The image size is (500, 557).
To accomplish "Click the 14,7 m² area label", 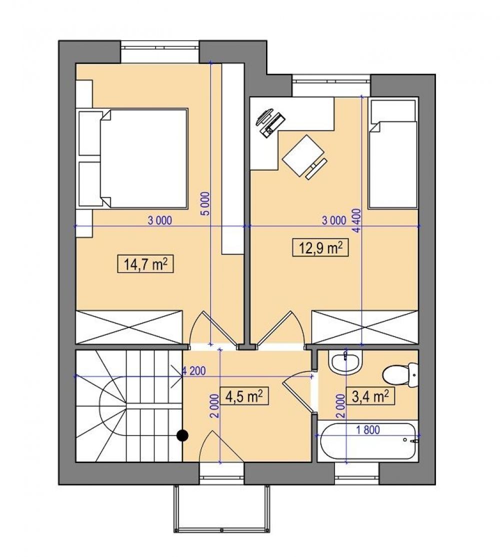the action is (145, 264).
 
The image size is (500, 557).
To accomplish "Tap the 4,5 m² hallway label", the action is (244, 396).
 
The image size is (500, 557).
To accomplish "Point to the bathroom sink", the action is (345, 362).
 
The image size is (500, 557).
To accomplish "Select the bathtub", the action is (368, 441).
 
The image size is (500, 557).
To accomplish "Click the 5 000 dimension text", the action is (207, 203).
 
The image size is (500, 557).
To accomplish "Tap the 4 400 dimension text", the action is (356, 220).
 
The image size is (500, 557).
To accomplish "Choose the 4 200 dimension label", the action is (194, 371).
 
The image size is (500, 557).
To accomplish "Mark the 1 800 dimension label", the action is (368, 430).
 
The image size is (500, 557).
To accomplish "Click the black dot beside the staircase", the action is (182, 435).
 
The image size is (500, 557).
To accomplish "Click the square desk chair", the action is (303, 155).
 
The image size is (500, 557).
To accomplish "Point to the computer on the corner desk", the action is (270, 122).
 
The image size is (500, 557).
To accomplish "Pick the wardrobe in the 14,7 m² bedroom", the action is (129, 327).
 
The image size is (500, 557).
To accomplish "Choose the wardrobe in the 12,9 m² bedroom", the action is (364, 327).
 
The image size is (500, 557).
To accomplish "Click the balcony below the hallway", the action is (221, 508).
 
